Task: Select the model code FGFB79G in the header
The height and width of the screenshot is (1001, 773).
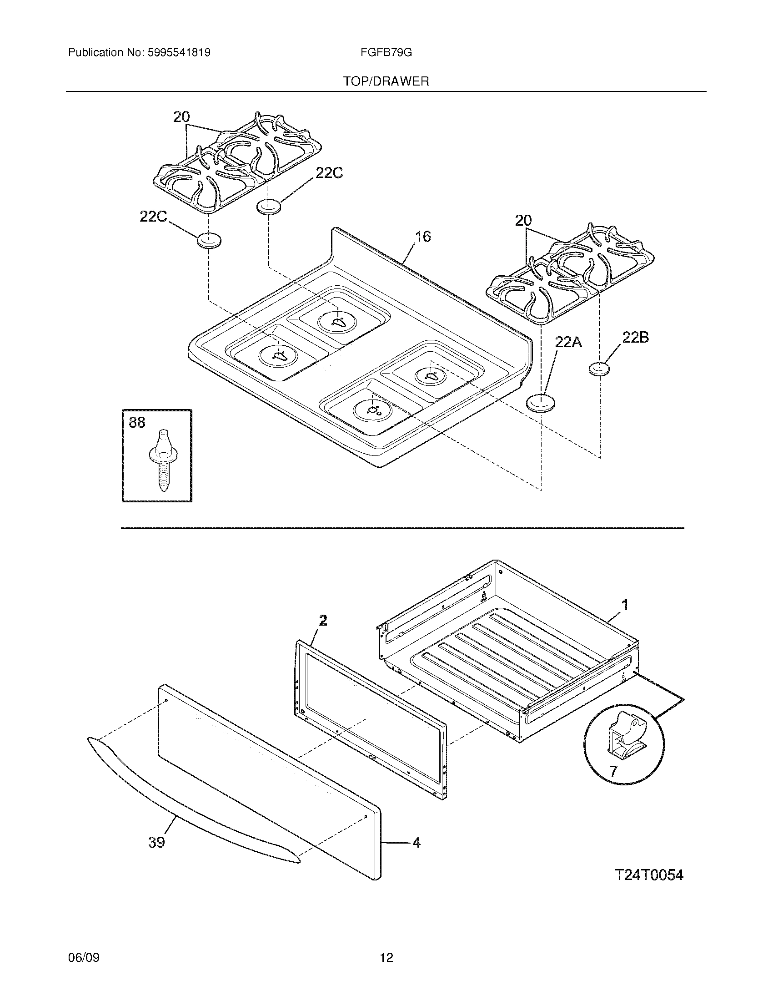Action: click(386, 53)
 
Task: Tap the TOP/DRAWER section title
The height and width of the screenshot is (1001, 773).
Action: click(386, 81)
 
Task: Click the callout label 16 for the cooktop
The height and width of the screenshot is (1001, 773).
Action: click(423, 237)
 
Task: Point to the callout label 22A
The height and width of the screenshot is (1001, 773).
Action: click(568, 341)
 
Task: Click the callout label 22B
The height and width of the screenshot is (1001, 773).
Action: click(635, 338)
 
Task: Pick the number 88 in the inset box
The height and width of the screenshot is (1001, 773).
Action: click(137, 422)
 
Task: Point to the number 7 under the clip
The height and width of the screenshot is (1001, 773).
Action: click(613, 771)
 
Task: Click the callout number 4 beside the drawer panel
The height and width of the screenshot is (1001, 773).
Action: click(416, 842)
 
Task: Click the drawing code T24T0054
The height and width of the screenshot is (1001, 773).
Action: click(648, 875)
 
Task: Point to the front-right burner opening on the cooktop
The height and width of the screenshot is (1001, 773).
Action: click(374, 408)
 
